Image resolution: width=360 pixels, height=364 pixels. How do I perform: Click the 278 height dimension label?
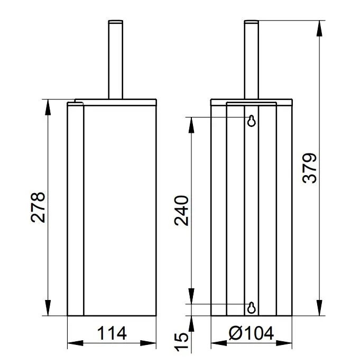click(38, 207)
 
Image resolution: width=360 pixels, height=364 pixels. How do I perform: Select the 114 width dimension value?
click(112, 333)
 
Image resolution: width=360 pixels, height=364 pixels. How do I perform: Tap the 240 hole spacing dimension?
click(181, 211)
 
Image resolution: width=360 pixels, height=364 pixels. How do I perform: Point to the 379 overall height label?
click(310, 168)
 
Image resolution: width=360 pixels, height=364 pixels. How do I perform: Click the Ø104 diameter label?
click(251, 333)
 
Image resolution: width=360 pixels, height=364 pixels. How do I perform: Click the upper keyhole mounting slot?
click(252, 121)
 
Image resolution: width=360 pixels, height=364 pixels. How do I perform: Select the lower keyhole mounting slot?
click(252, 308)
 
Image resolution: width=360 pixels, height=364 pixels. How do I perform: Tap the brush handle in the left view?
click(116, 60)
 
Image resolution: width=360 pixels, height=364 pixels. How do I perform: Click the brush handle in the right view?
click(252, 60)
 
